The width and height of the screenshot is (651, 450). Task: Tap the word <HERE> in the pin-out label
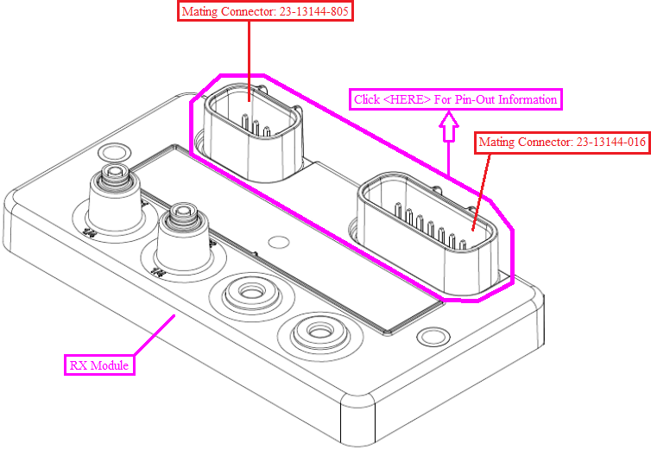407,99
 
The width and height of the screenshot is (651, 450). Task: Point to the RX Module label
99,365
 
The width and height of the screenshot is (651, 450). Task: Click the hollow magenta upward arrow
448,127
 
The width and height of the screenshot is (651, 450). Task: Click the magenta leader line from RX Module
154,338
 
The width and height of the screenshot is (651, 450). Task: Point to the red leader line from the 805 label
250,60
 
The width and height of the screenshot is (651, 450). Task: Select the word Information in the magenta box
525,99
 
